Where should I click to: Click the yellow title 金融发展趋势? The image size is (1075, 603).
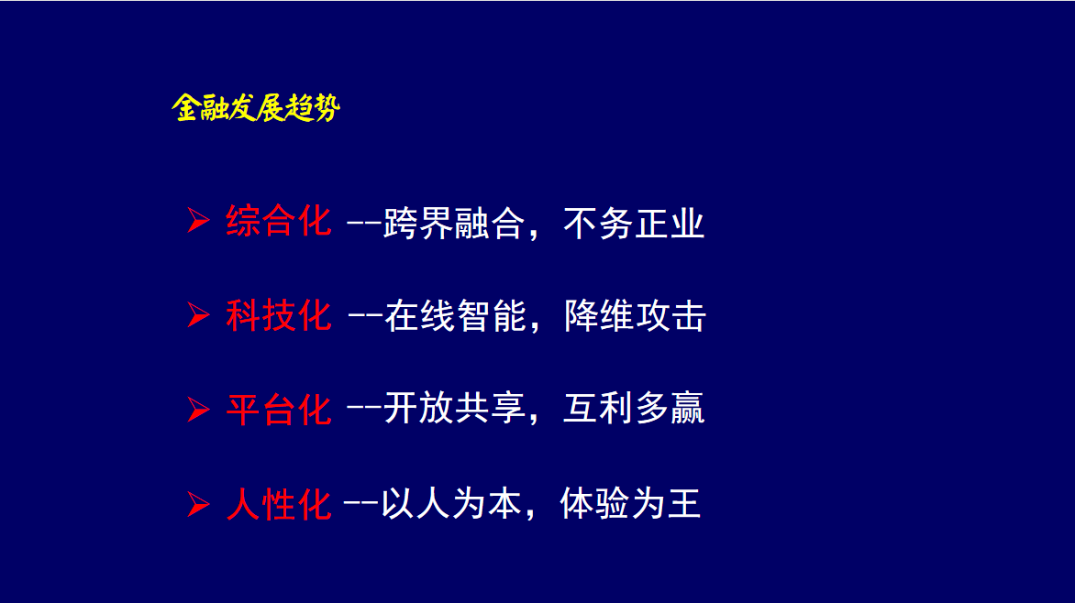tap(256, 107)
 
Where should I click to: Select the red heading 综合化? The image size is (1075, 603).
tap(279, 221)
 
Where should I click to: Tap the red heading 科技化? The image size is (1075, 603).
tap(279, 315)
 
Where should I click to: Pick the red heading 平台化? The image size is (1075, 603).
tap(279, 410)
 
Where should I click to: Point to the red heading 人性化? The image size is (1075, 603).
tap(279, 504)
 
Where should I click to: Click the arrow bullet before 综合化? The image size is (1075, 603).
tap(198, 221)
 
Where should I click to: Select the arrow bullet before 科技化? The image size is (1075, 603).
tap(198, 315)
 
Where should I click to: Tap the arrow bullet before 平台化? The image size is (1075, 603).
tap(198, 410)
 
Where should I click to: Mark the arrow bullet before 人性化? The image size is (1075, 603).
tap(198, 504)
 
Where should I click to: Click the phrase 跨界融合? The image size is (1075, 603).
tap(454, 223)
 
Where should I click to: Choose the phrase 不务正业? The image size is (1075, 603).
tap(634, 223)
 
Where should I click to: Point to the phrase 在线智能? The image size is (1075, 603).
tap(456, 316)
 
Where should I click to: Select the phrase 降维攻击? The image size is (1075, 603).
tap(636, 316)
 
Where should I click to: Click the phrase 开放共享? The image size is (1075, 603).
tap(454, 409)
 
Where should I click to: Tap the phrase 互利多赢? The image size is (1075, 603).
tap(634, 409)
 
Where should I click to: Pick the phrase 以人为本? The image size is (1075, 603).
tap(451, 504)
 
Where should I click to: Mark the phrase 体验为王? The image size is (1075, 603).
tap(631, 504)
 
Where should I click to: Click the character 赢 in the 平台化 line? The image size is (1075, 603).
tap(688, 409)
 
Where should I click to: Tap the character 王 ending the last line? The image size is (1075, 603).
tap(684, 504)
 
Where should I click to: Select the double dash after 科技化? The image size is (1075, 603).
tap(365, 316)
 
